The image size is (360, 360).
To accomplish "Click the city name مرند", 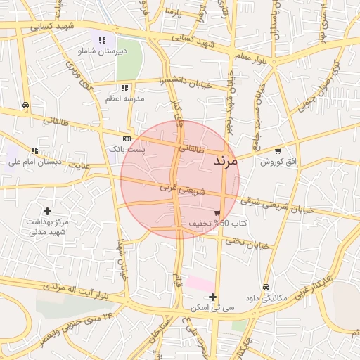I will (x=226, y=161).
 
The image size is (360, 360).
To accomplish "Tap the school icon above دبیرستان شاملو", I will (x=103, y=41).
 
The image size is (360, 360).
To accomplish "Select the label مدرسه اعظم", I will (x=124, y=98).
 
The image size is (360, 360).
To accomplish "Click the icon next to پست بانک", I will (x=126, y=139).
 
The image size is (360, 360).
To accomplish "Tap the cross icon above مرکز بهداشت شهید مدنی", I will (x=47, y=211).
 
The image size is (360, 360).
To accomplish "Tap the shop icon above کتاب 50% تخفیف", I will (x=217, y=213).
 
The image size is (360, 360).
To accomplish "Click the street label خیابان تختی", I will (x=247, y=243).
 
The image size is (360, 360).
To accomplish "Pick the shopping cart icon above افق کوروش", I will (x=278, y=151).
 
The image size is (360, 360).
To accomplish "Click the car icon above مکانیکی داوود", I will (x=265, y=287).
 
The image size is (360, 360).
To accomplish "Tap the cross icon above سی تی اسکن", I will (x=213, y=297).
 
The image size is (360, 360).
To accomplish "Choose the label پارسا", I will (x=173, y=13).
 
